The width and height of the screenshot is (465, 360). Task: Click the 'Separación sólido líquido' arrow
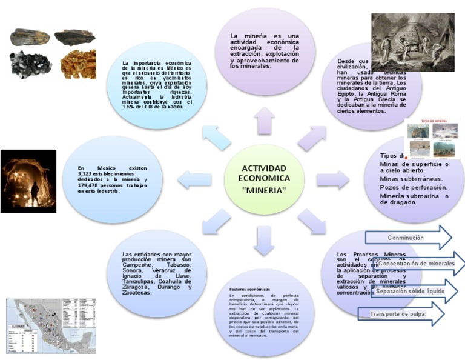point(411,291)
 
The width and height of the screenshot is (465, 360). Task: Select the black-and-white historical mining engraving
point(412,42)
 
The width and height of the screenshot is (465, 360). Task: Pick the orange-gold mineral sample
point(78,64)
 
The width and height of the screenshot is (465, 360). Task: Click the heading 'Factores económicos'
point(249,290)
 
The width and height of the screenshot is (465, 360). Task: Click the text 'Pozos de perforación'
point(414,187)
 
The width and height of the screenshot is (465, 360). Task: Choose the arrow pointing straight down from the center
point(264,239)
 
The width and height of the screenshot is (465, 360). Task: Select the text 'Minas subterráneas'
point(411,179)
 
